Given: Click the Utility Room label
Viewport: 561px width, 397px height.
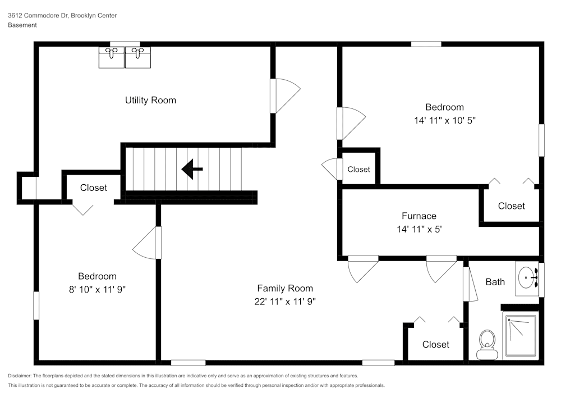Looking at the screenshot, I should tap(150, 101).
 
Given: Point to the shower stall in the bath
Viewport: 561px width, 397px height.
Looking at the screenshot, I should tap(521, 335).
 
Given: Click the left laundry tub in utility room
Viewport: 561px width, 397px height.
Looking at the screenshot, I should tap(112, 57).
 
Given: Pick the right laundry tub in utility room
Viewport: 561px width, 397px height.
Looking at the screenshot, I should tap(138, 57).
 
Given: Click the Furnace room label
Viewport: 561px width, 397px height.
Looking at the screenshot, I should tap(419, 216).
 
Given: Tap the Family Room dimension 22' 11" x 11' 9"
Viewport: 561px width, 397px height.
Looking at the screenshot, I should tap(285, 301).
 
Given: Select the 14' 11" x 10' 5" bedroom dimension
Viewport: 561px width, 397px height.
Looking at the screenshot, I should tap(444, 120).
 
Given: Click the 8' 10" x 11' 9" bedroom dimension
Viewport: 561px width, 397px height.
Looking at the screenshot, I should tap(97, 289).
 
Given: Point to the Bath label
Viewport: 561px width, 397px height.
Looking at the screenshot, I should tap(495, 282).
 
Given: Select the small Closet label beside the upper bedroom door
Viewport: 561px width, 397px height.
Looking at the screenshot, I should tap(358, 169).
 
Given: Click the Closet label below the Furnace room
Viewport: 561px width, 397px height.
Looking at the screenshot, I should tap(435, 344).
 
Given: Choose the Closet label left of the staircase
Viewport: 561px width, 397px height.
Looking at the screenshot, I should tap(93, 188).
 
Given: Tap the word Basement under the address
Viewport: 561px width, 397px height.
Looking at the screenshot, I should tap(22, 25).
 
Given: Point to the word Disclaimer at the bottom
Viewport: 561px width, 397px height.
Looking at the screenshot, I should tap(20, 376).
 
